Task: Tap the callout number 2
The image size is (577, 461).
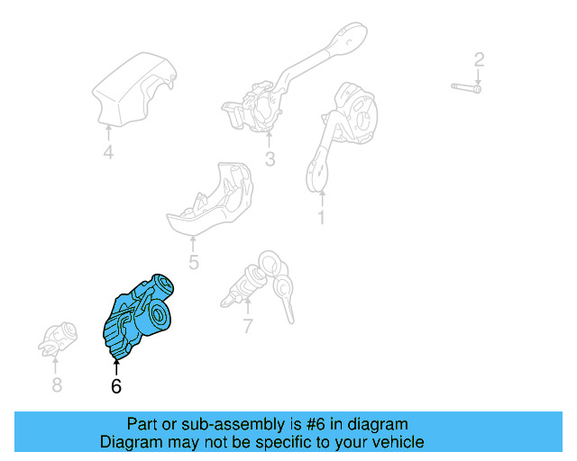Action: coord(480,60)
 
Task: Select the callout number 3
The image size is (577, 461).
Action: coord(270,161)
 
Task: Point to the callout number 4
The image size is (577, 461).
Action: coord(108,153)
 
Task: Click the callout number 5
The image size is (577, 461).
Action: coord(193,263)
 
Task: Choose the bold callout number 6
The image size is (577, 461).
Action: coord(115,387)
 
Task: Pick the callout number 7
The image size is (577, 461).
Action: coord(248,326)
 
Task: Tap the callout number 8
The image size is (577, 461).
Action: coord(57,385)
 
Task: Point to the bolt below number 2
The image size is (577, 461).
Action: coord(465,87)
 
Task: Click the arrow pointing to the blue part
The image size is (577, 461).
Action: coord(115,366)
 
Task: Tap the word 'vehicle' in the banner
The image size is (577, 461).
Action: coord(398,442)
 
